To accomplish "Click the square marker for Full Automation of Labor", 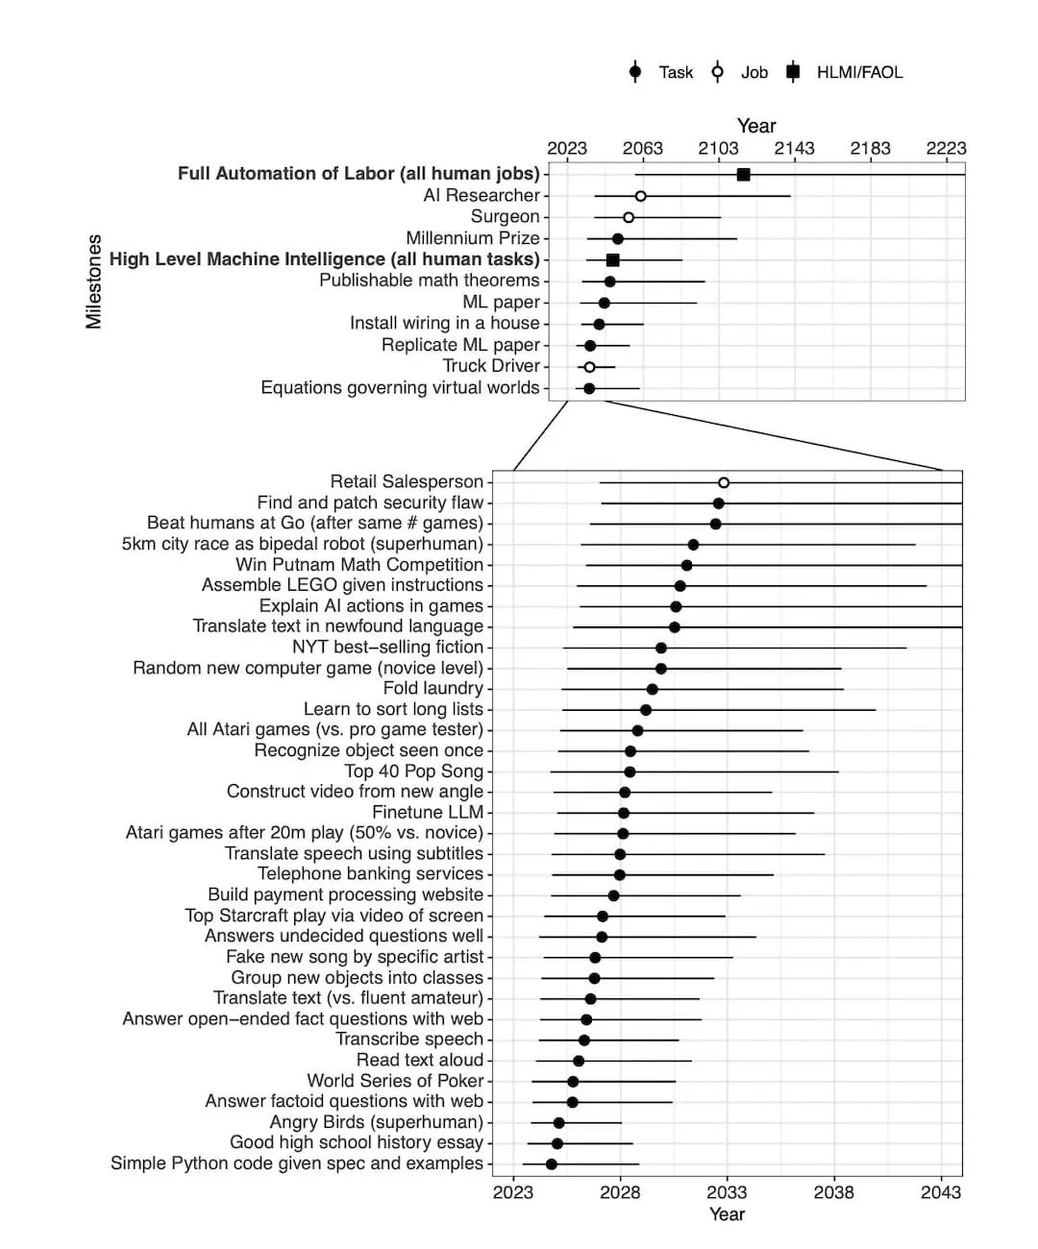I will click(743, 174).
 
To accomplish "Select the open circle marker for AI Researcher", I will click(640, 196).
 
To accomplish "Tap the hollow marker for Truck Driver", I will click(589, 367).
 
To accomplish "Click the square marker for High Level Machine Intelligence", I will click(613, 260).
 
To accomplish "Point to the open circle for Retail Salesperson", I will click(724, 482).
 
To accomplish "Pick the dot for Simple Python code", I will click(551, 1164).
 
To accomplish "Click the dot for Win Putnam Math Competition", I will click(686, 565).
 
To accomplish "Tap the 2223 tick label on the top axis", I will click(946, 148).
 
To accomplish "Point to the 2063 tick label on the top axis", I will click(642, 148).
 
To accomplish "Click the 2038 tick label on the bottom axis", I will click(833, 1192).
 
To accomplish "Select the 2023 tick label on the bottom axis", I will click(513, 1192).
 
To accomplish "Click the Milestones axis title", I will click(94, 281).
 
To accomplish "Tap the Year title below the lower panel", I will click(727, 1214).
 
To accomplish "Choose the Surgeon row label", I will click(505, 217).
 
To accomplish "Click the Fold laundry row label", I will click(432, 688).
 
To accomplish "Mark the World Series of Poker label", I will click(395, 1081).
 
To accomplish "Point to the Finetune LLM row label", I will click(428, 812).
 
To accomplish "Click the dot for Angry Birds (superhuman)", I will click(558, 1123).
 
